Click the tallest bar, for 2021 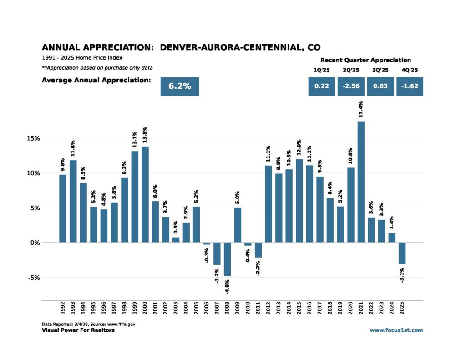[x=361, y=182]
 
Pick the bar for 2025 [x=402, y=254]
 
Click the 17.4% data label [x=361, y=111]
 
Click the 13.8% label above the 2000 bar [x=145, y=136]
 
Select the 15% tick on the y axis [x=47, y=138]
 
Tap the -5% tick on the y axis [x=47, y=278]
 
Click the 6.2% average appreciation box [x=180, y=86]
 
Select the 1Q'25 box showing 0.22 [x=322, y=86]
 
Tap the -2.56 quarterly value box [x=351, y=86]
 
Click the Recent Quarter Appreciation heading [x=365, y=60]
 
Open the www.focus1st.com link [x=396, y=330]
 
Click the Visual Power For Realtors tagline [x=78, y=330]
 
